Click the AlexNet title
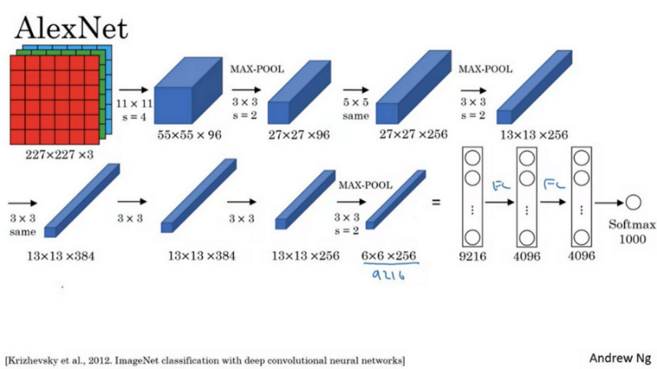coord(71,28)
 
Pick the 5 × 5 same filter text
coord(356,109)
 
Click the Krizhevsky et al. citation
coord(204,360)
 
